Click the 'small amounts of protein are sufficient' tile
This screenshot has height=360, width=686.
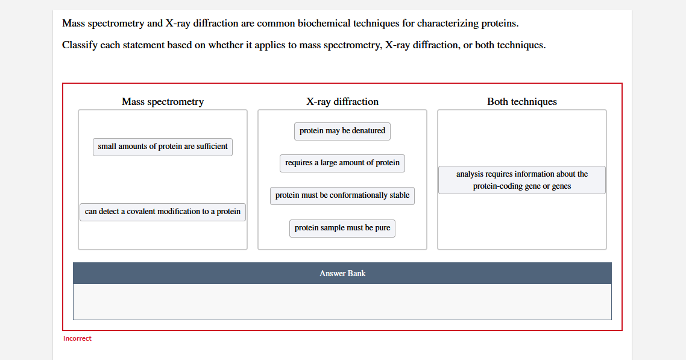[163, 147]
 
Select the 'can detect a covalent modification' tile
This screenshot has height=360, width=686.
[163, 212]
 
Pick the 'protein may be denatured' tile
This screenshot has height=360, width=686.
[342, 131]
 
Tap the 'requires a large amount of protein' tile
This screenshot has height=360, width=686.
[342, 163]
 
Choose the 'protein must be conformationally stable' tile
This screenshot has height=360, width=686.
[342, 195]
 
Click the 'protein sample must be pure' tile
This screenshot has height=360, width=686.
[342, 229]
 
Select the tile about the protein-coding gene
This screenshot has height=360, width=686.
[522, 180]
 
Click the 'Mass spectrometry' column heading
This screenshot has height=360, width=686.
[163, 101]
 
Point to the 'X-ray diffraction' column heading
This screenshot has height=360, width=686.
[342, 101]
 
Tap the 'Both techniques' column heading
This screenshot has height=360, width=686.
[522, 101]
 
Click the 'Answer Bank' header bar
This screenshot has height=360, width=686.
[342, 273]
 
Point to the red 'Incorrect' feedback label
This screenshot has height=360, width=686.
[77, 338]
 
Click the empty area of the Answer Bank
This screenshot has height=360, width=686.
[342, 302]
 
